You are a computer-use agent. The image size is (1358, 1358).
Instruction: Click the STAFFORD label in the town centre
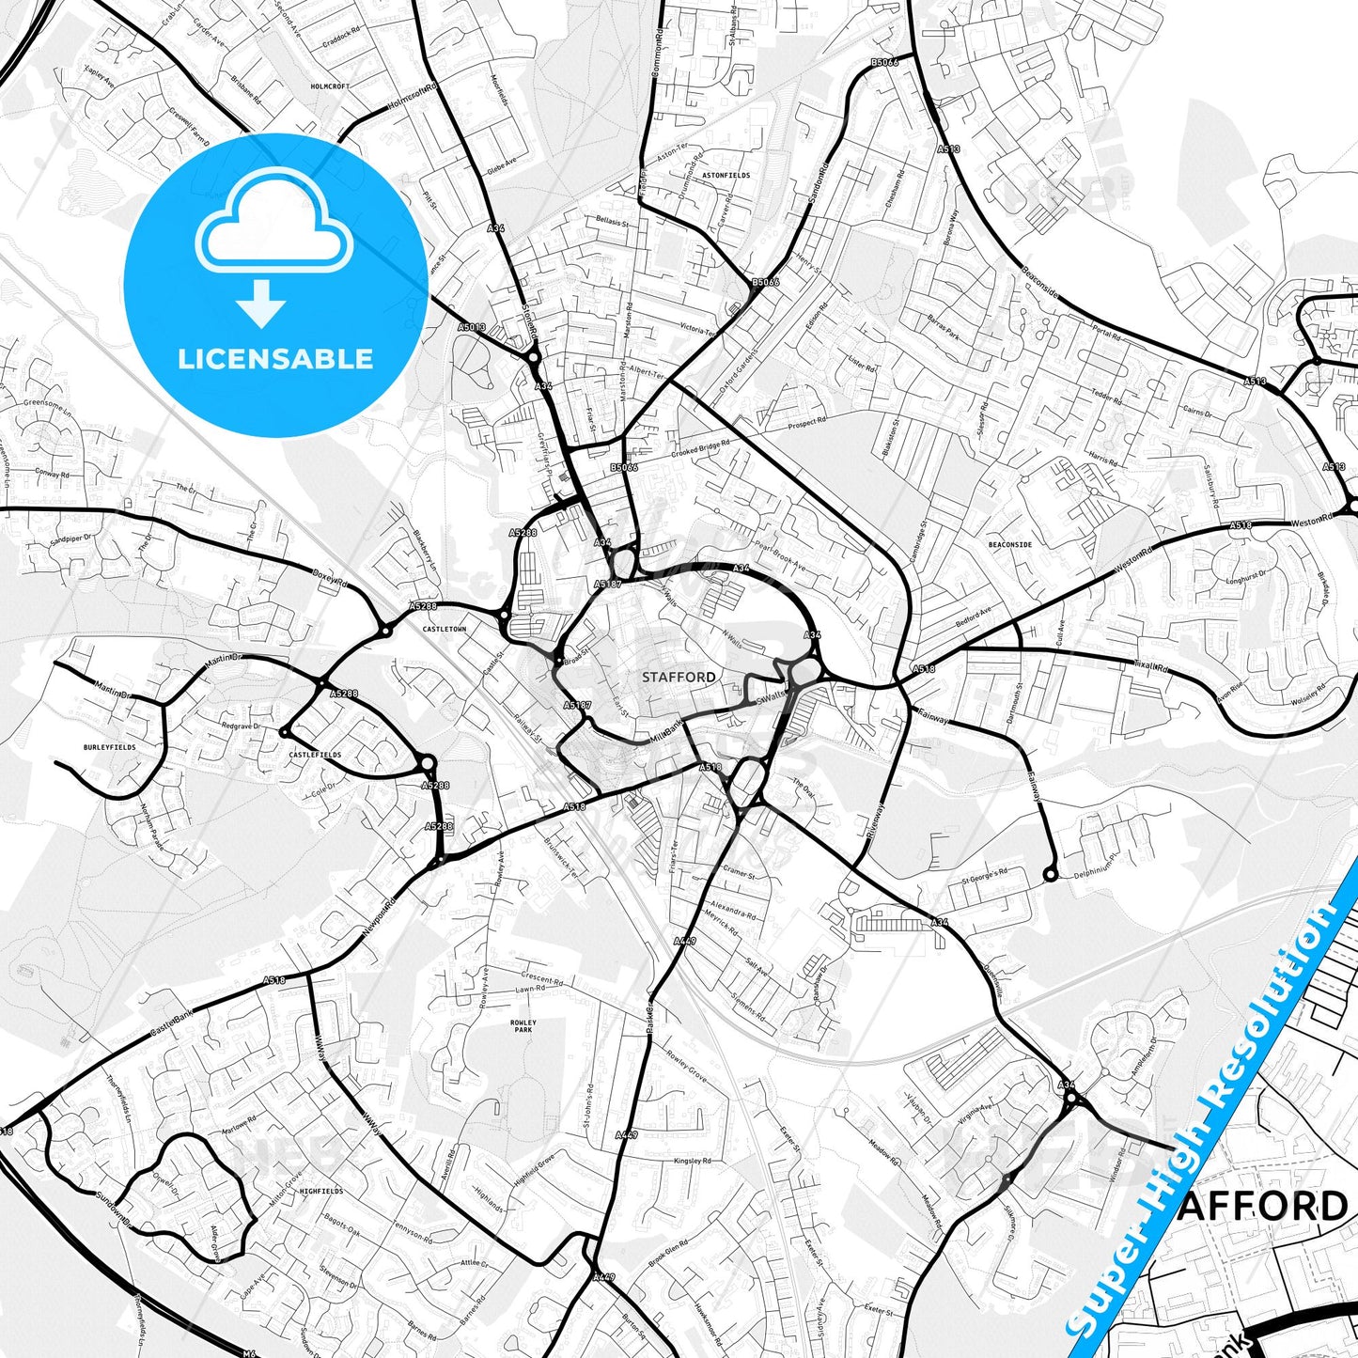pyautogui.click(x=679, y=677)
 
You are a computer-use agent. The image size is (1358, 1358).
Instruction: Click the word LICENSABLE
pyautogui.click(x=275, y=358)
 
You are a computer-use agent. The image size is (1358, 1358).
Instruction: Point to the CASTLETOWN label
pyautogui.click(x=445, y=629)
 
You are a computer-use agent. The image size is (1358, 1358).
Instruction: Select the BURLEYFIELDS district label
pyautogui.click(x=110, y=747)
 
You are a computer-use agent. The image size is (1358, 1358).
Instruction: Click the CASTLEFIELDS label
pyautogui.click(x=315, y=755)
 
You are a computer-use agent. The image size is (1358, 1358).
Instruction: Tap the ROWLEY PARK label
pyautogui.click(x=523, y=1025)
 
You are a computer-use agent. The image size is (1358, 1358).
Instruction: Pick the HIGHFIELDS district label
pyautogui.click(x=321, y=1191)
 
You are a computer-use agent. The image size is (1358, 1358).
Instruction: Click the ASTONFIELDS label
pyautogui.click(x=727, y=175)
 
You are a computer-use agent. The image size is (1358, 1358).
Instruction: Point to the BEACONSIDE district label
pyautogui.click(x=1010, y=544)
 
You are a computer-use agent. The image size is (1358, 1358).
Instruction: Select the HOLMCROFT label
pyautogui.click(x=330, y=86)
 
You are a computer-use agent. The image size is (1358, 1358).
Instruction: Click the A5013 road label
pyautogui.click(x=473, y=327)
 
